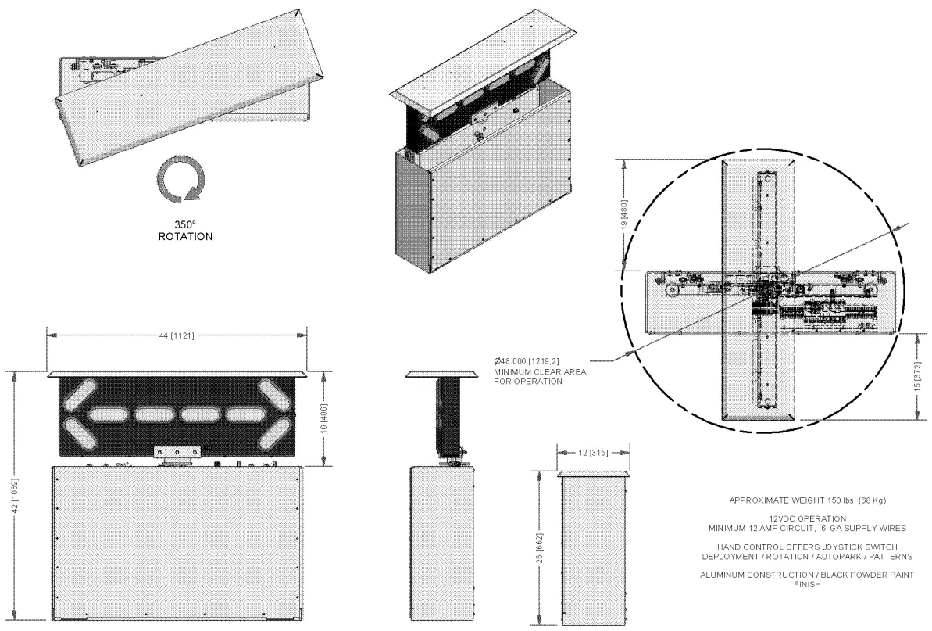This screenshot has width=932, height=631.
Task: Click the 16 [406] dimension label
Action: [x=335, y=418]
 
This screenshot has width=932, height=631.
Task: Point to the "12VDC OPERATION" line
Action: [x=807, y=518]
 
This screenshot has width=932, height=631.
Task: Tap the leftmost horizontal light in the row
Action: [x=111, y=414]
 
